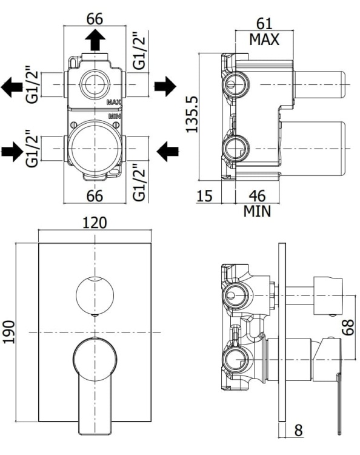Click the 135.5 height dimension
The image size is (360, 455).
click(x=192, y=113)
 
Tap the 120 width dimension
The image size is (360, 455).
click(x=95, y=223)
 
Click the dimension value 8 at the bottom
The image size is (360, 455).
click(x=299, y=430)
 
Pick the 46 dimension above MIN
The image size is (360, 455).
click(x=258, y=196)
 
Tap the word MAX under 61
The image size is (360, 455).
click(x=264, y=40)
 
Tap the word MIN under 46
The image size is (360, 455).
click(x=258, y=211)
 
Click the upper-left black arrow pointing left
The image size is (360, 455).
click(x=11, y=87)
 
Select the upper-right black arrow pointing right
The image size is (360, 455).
click(x=165, y=87)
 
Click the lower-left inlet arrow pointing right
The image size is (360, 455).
click(x=12, y=149)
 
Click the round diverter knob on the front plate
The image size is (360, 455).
click(x=95, y=295)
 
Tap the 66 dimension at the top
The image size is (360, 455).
click(x=95, y=18)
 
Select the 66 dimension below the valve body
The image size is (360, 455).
click(x=95, y=195)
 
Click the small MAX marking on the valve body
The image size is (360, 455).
click(x=115, y=103)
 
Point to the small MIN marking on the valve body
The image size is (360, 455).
click(x=115, y=115)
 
